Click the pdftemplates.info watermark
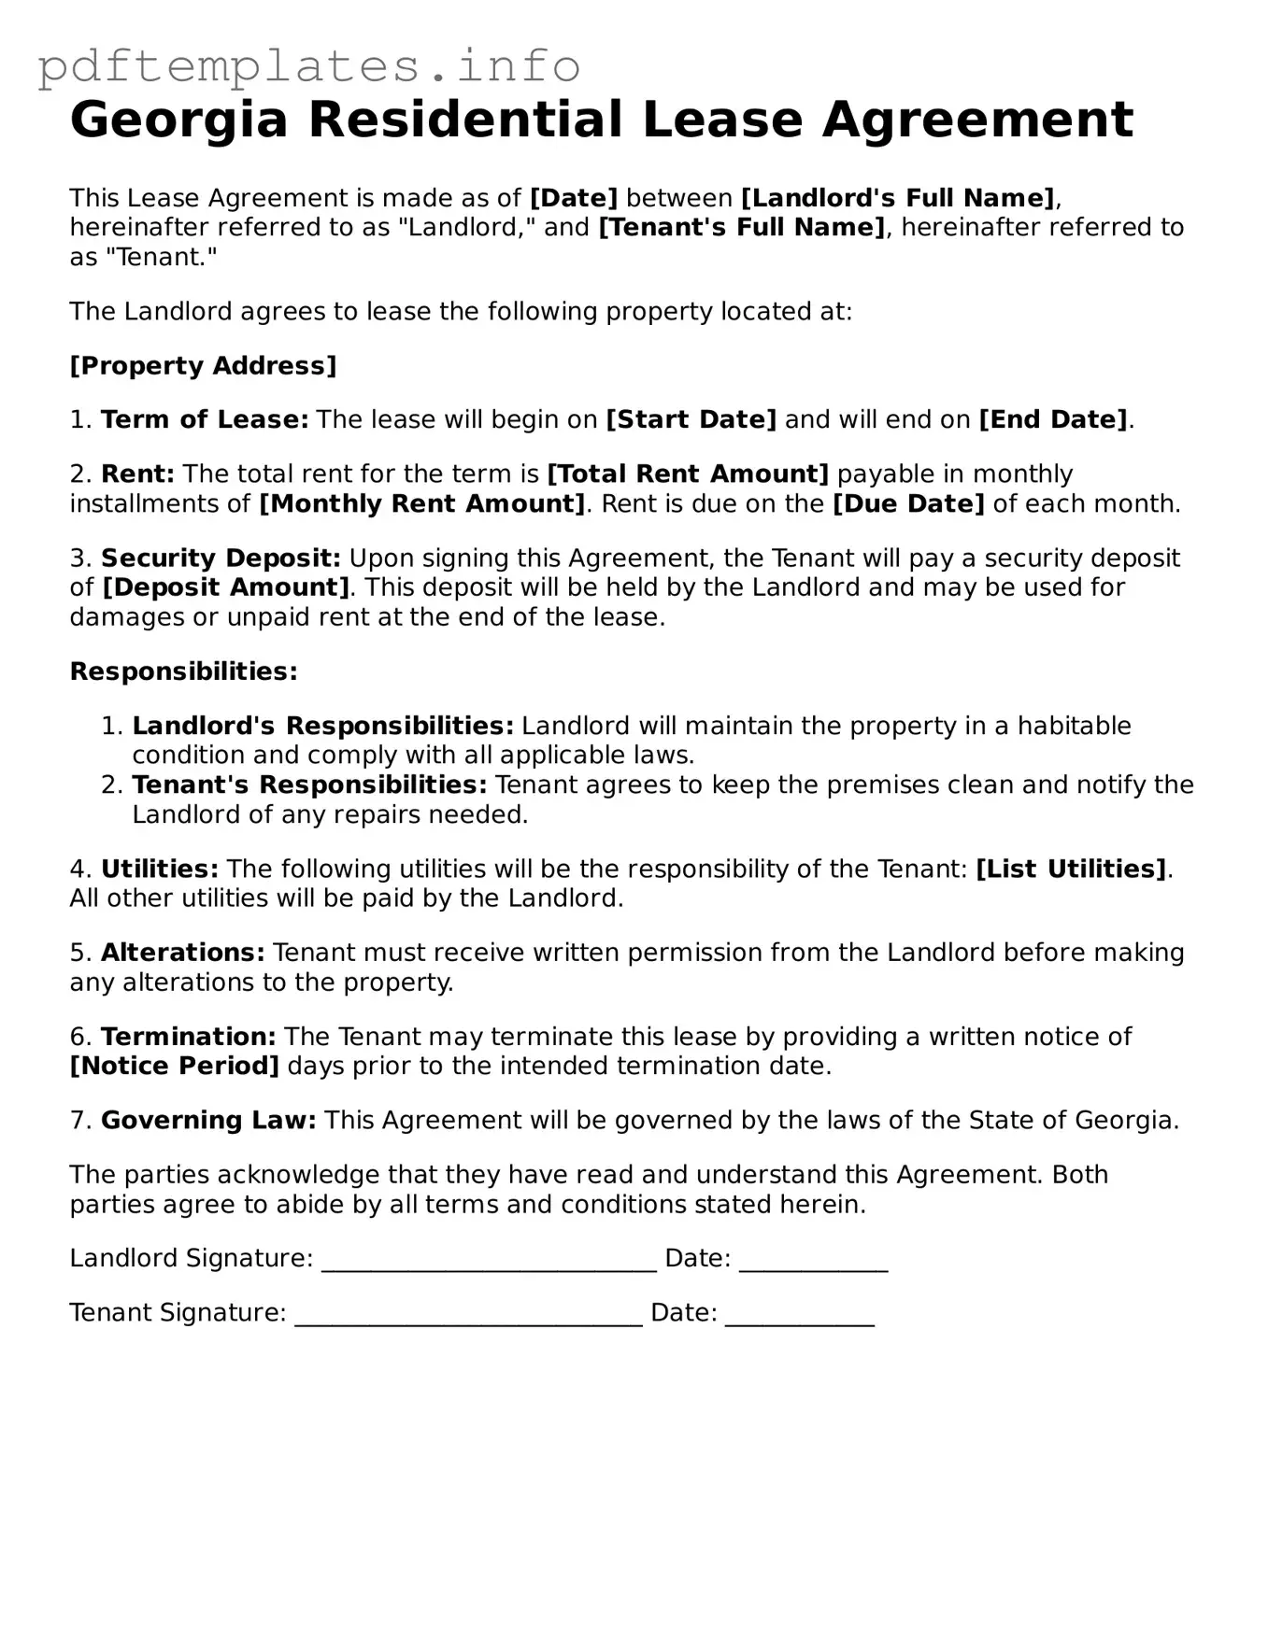click(309, 66)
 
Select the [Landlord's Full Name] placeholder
click(897, 198)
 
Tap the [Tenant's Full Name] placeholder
click(741, 227)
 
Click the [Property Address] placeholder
click(203, 365)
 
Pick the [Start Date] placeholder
click(691, 419)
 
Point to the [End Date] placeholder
click(1053, 419)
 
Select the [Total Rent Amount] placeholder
click(687, 474)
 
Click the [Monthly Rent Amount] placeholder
click(421, 503)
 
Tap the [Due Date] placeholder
click(908, 503)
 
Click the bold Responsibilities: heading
click(184, 672)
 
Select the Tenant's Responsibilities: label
click(309, 785)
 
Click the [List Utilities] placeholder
click(1071, 869)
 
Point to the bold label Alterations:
click(183, 953)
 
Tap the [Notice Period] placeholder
click(175, 1066)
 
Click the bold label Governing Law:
click(208, 1120)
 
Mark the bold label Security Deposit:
click(221, 558)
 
